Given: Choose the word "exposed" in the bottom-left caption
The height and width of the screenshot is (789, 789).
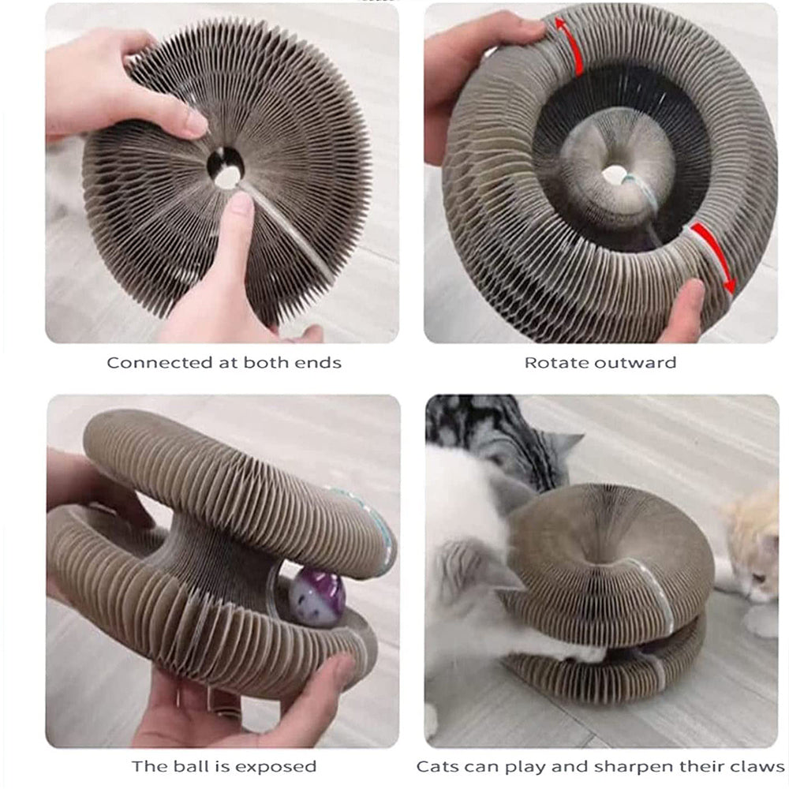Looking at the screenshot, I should [276, 766].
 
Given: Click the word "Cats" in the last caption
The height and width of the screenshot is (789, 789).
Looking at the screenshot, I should [439, 766].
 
